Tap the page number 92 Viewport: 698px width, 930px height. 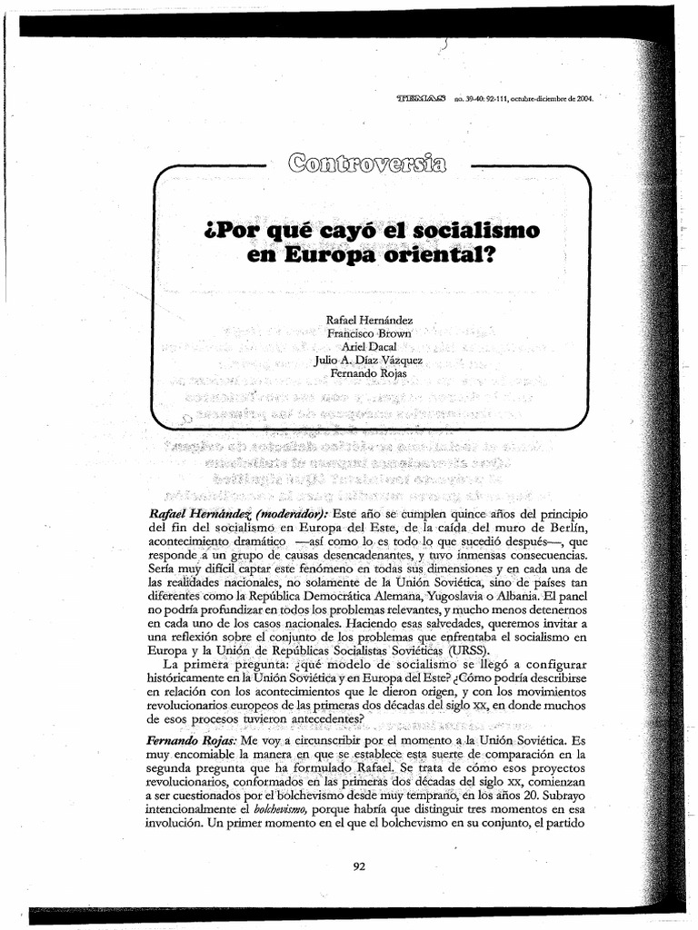point(358,866)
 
